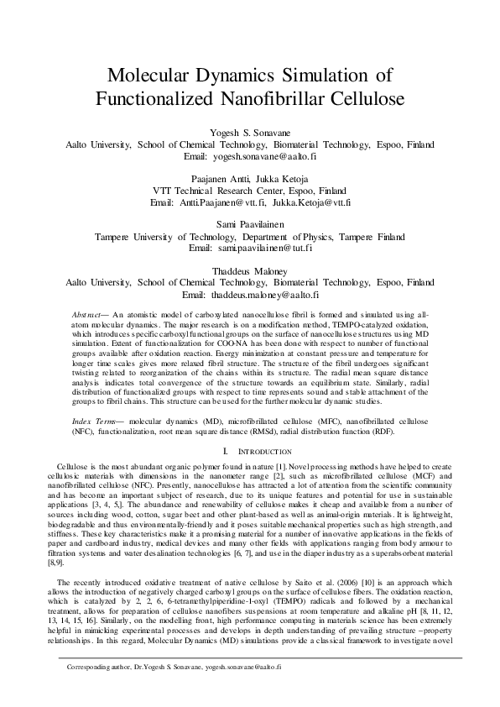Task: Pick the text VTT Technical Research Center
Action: [213, 191]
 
